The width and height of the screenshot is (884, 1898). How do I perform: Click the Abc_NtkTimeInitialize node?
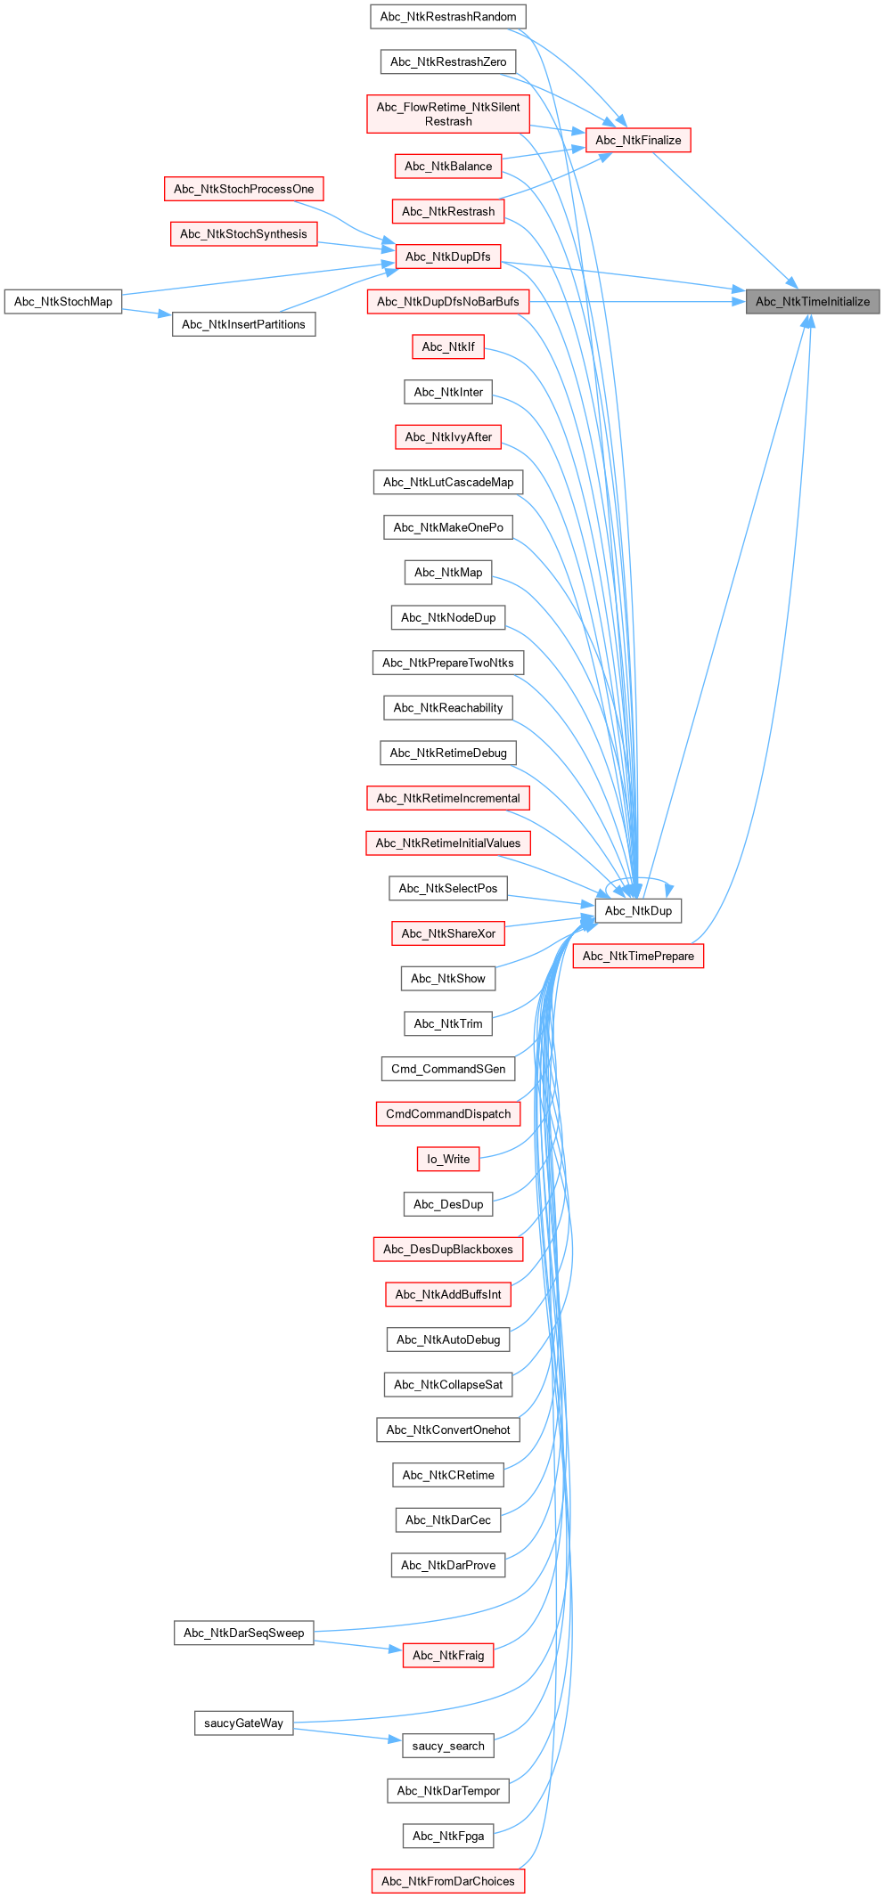click(812, 302)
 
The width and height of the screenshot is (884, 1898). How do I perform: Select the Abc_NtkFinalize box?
click(638, 141)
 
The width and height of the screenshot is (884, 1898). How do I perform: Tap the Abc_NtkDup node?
click(638, 911)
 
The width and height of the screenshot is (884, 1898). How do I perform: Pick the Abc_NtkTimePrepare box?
click(638, 957)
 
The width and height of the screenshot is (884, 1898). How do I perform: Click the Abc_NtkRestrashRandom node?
click(447, 17)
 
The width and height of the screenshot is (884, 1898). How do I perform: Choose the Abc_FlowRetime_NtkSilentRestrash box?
click(447, 115)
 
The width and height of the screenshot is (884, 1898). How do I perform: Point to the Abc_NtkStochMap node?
click(63, 302)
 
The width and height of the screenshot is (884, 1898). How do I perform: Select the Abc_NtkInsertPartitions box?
click(243, 325)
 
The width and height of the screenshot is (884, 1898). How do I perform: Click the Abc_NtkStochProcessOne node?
click(243, 190)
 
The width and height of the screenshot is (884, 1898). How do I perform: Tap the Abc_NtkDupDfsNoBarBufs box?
click(447, 302)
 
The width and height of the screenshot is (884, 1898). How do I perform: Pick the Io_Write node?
click(447, 1160)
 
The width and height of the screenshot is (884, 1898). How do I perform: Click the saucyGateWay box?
click(243, 1723)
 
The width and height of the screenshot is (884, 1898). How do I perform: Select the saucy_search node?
click(447, 1747)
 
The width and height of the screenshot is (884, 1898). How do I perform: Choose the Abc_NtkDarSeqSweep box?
click(243, 1633)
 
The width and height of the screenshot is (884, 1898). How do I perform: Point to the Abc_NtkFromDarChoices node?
click(447, 1881)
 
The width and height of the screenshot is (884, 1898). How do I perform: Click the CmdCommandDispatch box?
click(447, 1114)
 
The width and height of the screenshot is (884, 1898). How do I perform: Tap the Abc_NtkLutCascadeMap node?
click(447, 483)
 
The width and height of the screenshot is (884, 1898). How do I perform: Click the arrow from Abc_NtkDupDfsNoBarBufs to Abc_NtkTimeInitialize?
click(637, 302)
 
